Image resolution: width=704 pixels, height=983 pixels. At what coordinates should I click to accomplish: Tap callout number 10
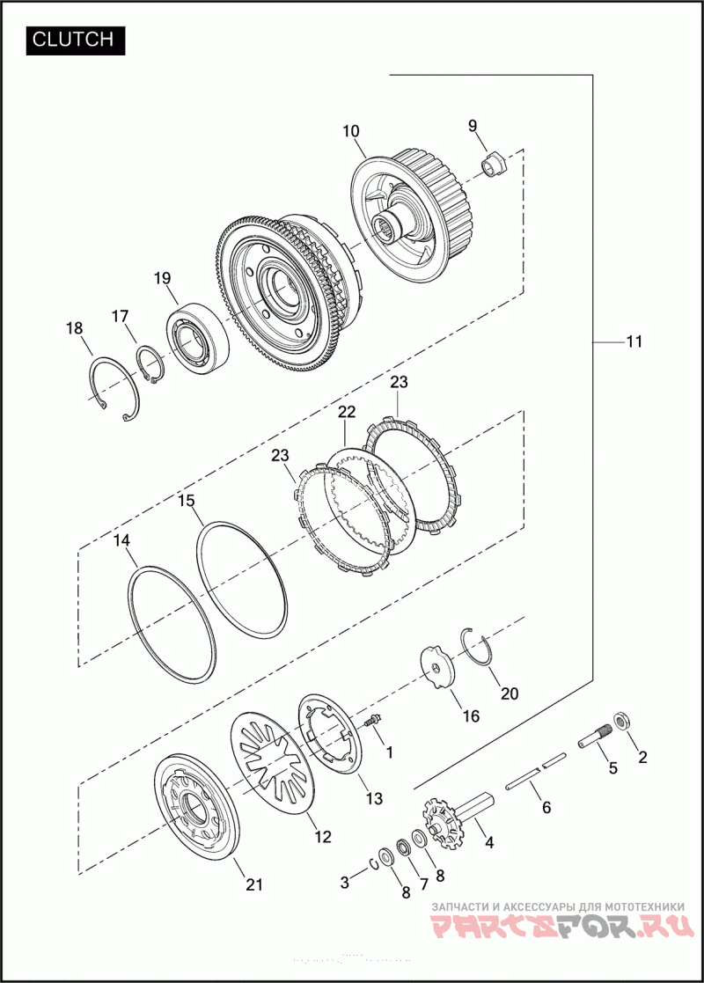tap(351, 132)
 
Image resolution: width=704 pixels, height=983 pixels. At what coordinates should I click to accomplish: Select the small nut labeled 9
tap(494, 163)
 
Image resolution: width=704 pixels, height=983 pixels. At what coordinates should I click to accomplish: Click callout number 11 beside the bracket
tap(634, 341)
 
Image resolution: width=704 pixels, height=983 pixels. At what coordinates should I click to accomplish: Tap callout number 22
tap(346, 412)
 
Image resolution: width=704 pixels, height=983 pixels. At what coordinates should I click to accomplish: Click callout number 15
tap(186, 501)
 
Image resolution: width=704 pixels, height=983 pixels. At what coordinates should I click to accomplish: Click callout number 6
tap(546, 806)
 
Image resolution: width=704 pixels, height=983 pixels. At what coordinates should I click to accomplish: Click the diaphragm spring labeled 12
tap(273, 760)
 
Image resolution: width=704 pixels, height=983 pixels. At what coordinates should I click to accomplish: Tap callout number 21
tap(254, 886)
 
